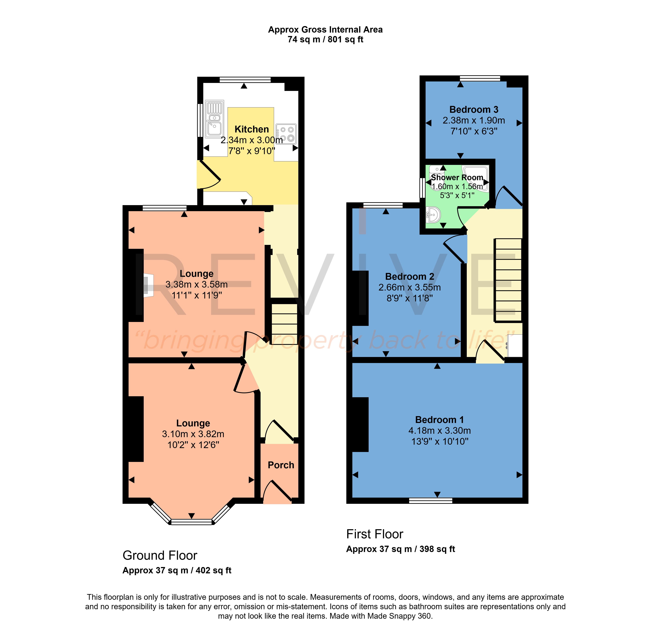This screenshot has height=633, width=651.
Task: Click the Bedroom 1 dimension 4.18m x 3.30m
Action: coord(439,430)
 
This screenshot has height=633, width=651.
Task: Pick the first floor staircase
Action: coord(508,280)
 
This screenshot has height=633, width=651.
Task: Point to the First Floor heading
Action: coord(375,534)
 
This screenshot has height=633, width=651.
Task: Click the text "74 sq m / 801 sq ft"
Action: coord(325,40)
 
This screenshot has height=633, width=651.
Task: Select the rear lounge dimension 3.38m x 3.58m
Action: coord(197,285)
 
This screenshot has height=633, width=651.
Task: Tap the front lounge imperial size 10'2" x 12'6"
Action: coord(193,445)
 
